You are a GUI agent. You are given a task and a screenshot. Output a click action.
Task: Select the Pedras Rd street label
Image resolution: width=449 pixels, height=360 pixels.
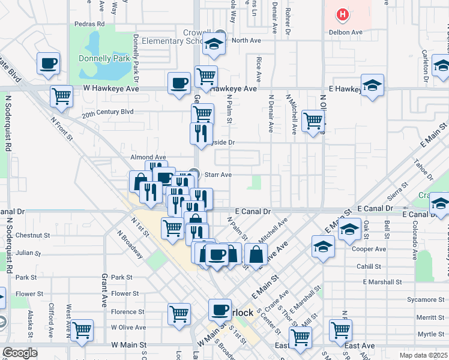click(89, 25)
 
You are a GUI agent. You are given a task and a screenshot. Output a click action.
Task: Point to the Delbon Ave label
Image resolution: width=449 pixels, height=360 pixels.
click(345, 32)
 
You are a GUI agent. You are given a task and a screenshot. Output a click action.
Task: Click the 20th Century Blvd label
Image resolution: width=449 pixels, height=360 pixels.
click(108, 112)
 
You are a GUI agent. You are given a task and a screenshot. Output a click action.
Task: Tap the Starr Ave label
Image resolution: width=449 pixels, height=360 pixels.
click(218, 175)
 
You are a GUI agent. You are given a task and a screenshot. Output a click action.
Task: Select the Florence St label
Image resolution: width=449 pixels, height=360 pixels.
click(128, 311)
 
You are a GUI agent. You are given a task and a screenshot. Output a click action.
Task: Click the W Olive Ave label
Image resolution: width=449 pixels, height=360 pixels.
click(128, 328)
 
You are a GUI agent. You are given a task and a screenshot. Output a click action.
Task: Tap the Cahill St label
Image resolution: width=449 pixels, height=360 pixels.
click(369, 266)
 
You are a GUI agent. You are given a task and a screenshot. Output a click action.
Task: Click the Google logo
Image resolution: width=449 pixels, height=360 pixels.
click(20, 353)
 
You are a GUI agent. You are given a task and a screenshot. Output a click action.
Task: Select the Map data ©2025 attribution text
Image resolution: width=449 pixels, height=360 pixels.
click(423, 355)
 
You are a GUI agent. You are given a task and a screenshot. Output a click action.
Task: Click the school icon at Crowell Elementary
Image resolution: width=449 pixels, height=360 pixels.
click(212, 43)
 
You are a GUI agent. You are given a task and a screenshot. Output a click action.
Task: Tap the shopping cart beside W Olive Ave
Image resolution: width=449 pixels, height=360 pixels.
click(81, 329)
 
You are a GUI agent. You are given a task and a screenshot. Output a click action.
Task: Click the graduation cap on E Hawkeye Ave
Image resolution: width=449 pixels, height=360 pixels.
click(372, 85)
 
